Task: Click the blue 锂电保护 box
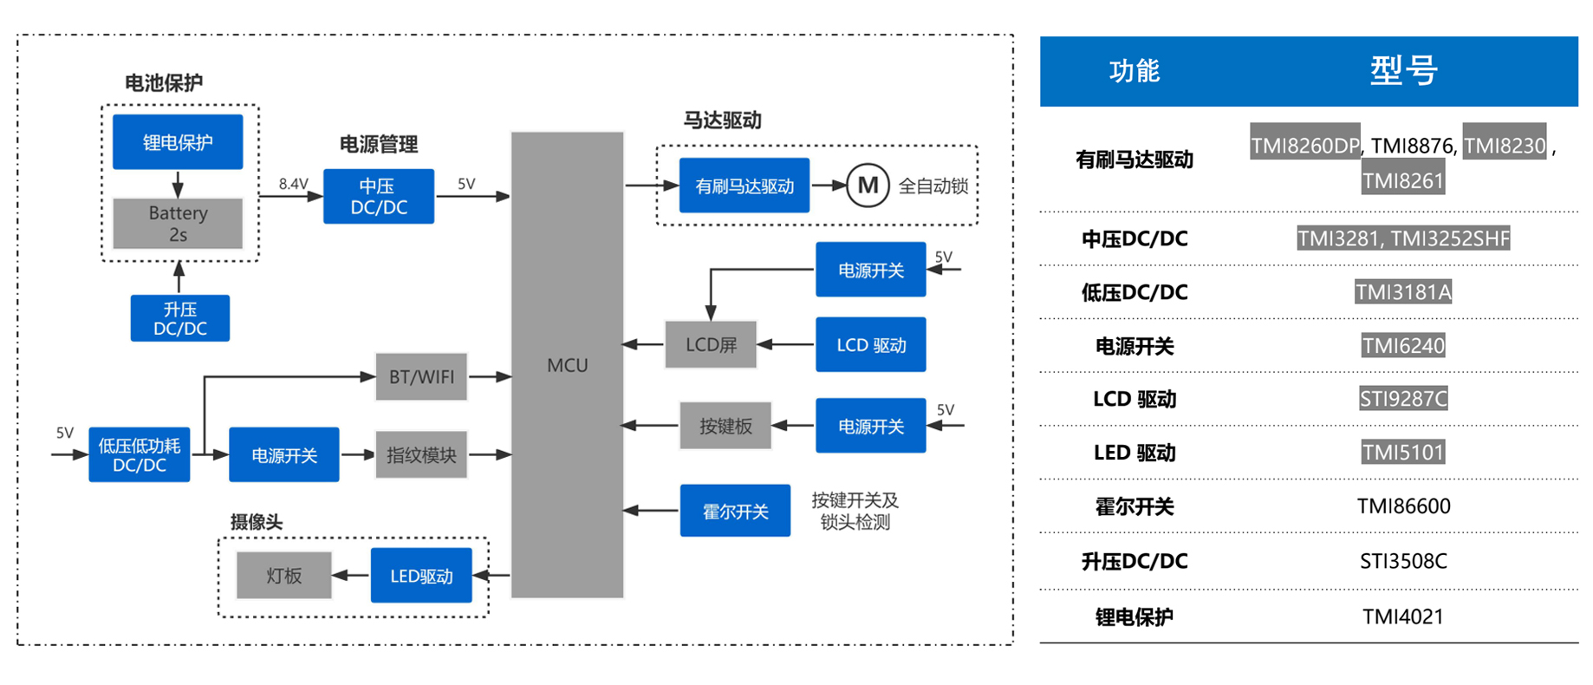[178, 142]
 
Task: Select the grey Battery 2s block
[178, 224]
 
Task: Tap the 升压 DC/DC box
[180, 318]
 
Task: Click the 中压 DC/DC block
[379, 197]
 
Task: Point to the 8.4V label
[293, 184]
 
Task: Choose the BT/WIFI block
[421, 376]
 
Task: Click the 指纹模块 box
[421, 454]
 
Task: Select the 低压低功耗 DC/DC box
[140, 455]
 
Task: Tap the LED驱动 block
[421, 576]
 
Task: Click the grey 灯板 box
[284, 576]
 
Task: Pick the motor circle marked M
[868, 186]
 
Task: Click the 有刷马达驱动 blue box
[744, 186]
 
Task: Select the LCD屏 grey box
[711, 345]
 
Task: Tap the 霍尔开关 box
[735, 512]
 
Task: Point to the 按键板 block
[725, 426]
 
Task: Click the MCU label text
[568, 366]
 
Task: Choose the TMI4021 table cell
[1403, 616]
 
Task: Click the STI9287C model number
[1403, 399]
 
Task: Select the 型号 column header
[1403, 71]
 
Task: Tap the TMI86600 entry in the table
[1403, 506]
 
